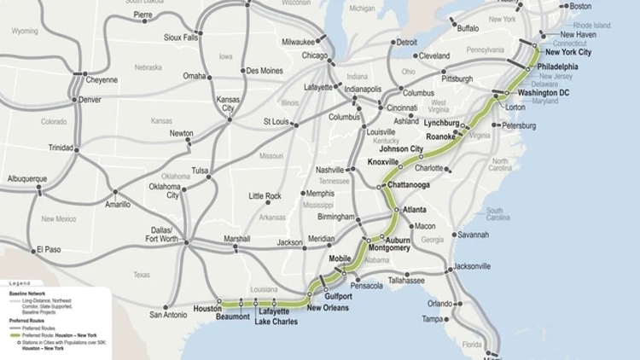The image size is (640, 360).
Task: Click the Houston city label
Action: click(207, 309)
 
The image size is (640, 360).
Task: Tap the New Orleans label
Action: click(328, 308)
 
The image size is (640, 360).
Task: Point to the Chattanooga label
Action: click(407, 185)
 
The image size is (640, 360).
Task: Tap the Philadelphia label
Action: click(557, 67)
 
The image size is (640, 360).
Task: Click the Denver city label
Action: click(90, 100)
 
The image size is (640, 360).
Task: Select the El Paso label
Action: click(49, 250)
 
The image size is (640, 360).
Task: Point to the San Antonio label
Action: click(168, 315)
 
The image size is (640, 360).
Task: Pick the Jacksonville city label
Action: click(472, 266)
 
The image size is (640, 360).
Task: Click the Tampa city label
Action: click(433, 319)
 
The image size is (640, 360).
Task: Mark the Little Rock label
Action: click(265, 196)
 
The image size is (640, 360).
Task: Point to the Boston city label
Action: click(580, 7)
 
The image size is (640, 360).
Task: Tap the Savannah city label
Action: click(473, 235)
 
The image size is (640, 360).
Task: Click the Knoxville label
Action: click(384, 162)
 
